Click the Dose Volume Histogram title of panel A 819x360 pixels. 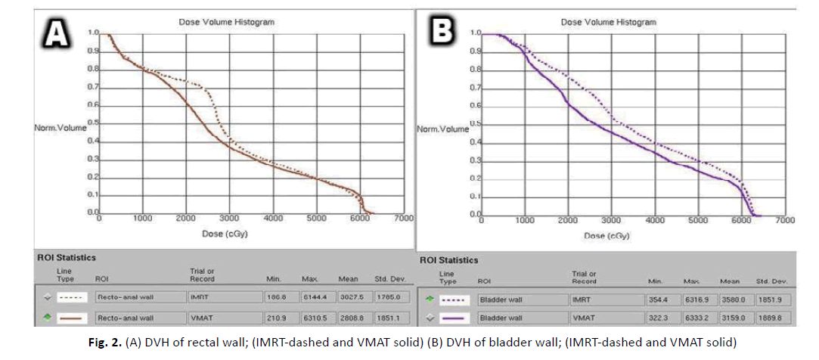point(226,23)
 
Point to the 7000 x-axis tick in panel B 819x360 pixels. point(785,220)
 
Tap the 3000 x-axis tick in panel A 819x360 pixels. point(229,219)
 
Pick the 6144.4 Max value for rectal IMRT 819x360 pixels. point(315,296)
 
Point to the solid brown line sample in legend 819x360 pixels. point(70,319)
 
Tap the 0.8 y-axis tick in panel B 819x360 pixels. point(475,70)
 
